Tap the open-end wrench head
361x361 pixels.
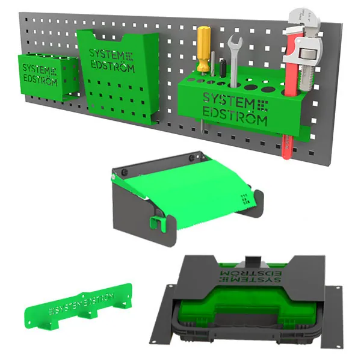[x=235, y=43]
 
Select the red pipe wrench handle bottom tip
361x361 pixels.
[x=286, y=156]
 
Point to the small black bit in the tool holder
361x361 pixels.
[x=222, y=68]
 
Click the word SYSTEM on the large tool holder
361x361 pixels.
[x=229, y=101]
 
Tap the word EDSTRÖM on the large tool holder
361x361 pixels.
[x=235, y=117]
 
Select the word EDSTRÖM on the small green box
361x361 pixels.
[x=40, y=81]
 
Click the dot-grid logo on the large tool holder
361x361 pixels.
[x=262, y=106]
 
